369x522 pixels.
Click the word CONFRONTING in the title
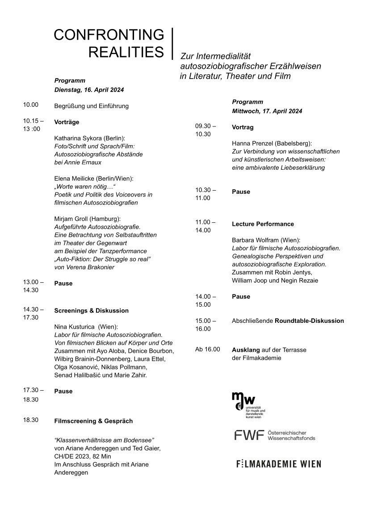click(x=109, y=35)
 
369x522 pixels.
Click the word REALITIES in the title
click(x=126, y=52)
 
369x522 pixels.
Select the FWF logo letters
click(x=249, y=435)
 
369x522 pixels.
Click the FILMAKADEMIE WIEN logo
click(x=278, y=464)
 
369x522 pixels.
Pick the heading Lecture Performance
click(x=263, y=224)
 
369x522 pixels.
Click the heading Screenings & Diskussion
click(x=91, y=310)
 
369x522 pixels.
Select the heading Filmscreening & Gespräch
click(x=93, y=421)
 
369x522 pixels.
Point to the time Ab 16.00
click(x=208, y=349)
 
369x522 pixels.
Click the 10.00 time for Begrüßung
click(x=31, y=105)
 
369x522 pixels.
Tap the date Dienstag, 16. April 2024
click(x=89, y=90)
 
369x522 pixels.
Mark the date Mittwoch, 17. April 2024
click(x=267, y=111)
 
